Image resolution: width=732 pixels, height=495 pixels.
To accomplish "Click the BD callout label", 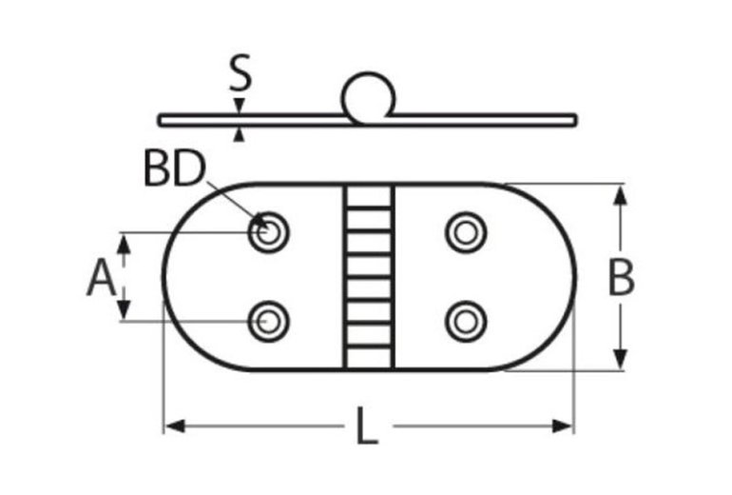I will pos(174,169).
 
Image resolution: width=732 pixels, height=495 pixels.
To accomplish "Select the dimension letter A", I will pos(102,280).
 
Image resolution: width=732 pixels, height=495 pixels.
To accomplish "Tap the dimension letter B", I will pos(621,278).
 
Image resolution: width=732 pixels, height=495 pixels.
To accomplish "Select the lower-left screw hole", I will pos(269,321).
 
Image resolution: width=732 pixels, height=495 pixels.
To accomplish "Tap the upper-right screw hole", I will pos(466,231).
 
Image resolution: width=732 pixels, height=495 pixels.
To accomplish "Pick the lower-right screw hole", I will pos(466,321).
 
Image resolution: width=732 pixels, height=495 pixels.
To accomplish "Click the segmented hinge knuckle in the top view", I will pos(368,276).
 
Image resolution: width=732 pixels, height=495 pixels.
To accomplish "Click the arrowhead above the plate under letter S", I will pos(241,106).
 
